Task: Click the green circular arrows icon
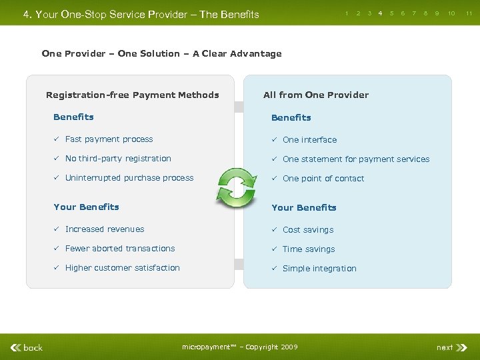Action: tap(237, 187)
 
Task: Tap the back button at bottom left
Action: tap(27, 347)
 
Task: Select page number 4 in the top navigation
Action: tap(380, 13)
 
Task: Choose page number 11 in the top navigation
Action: tap(469, 13)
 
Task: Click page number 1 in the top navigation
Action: tap(346, 13)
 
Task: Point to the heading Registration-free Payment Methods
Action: tap(132, 95)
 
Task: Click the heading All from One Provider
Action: tap(316, 95)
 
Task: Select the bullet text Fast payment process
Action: tap(109, 139)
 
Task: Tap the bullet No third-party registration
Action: tap(118, 159)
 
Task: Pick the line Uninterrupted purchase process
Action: tap(129, 178)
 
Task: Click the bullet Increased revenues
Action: tap(105, 229)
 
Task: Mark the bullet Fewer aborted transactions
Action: tap(120, 249)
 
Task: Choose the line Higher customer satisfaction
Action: tap(123, 268)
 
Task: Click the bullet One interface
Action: tap(309, 140)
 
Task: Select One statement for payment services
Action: tap(356, 159)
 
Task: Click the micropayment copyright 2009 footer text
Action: tap(240, 347)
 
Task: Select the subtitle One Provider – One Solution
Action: tap(161, 54)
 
